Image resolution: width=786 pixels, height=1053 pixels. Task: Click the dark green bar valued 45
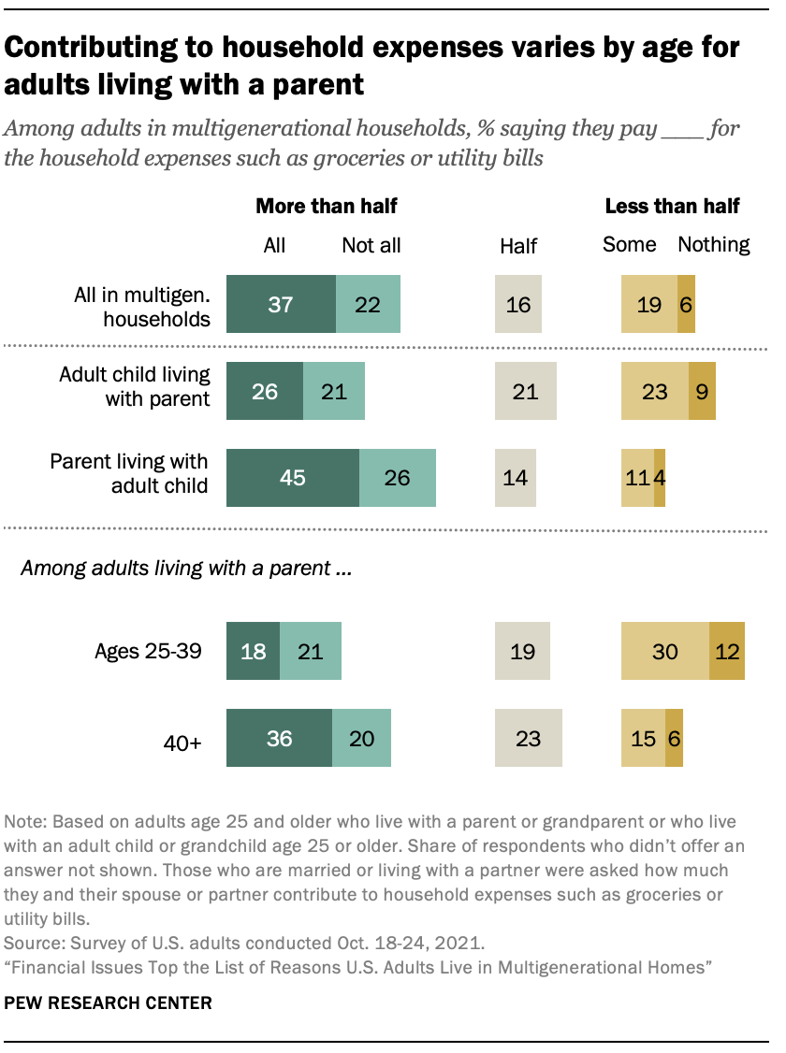(293, 477)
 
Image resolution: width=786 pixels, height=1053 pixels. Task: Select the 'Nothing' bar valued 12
(727, 651)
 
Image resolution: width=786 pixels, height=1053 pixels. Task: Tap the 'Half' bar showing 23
(529, 738)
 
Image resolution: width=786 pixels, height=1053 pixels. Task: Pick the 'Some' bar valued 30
(665, 651)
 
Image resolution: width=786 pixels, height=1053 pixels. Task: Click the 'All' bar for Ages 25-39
(253, 651)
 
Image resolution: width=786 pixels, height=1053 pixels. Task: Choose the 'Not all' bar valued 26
(398, 477)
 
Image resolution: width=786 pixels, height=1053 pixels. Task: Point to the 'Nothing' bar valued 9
(702, 391)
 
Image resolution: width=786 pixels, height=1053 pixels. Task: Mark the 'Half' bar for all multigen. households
(518, 304)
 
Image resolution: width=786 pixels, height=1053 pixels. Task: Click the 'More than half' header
(320, 207)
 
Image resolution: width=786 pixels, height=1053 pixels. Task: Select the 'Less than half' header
(672, 207)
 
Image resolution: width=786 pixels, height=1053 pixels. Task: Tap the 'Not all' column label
(371, 246)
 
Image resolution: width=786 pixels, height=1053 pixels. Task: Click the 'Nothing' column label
(714, 245)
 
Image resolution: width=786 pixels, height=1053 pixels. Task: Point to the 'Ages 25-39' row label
(148, 651)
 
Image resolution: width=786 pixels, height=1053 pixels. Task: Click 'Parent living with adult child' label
(129, 473)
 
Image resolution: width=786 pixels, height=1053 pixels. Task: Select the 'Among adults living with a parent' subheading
(186, 568)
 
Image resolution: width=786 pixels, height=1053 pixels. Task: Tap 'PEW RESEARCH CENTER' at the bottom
(109, 1003)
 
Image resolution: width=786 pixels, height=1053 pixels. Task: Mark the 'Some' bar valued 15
(643, 738)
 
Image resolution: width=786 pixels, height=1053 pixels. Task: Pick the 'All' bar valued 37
(281, 304)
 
